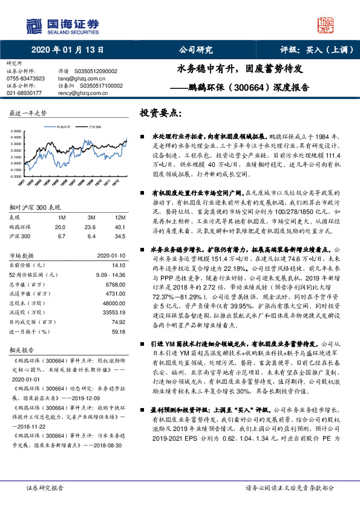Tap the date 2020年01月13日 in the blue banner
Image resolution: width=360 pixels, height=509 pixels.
pyautogui.click(x=68, y=50)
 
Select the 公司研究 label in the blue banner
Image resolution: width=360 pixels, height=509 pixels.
pyautogui.click(x=195, y=50)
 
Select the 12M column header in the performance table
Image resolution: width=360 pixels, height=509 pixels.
pyautogui.click(x=120, y=216)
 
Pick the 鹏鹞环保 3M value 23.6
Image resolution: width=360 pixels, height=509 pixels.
pyautogui.click(x=92, y=227)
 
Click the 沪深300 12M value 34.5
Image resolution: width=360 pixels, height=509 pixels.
pyautogui.click(x=120, y=236)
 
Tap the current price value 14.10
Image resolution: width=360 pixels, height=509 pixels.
pyautogui.click(x=119, y=265)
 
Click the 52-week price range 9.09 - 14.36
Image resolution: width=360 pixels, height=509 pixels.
pyautogui.click(x=111, y=274)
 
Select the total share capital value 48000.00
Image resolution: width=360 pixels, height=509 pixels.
pyautogui.click(x=113, y=303)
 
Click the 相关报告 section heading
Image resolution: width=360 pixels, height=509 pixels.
pyautogui.click(x=22, y=350)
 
